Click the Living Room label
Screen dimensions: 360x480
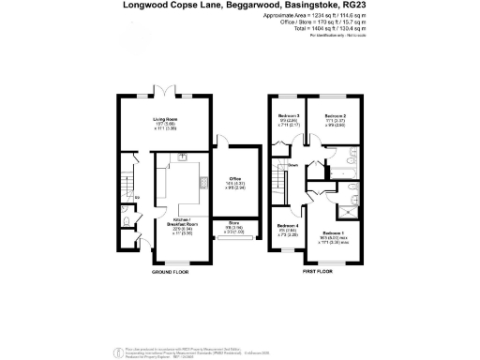point(166,120)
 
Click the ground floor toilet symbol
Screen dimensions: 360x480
point(127,221)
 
